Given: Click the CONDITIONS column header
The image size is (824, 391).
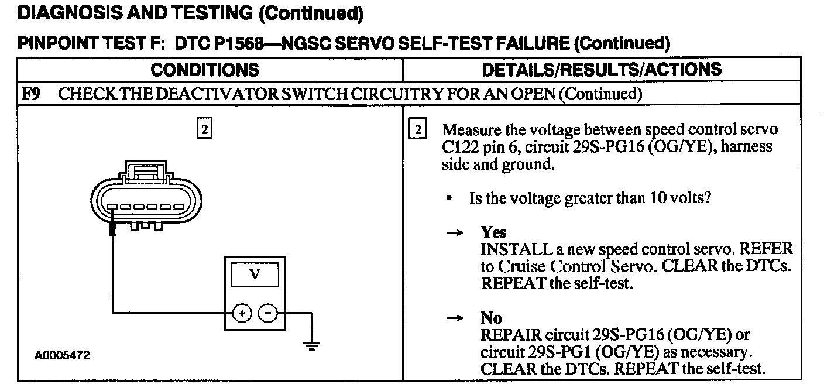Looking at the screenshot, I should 205,70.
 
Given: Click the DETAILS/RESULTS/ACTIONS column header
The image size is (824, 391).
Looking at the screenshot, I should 602,70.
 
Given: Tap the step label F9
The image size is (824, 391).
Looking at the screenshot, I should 30,94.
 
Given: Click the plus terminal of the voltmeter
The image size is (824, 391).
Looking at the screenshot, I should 241,314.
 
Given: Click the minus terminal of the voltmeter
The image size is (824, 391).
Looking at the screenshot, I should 268,314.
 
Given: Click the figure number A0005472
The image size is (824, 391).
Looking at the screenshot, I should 63,356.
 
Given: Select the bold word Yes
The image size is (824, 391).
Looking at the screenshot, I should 493,232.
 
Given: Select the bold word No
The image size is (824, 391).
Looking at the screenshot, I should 491,318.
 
